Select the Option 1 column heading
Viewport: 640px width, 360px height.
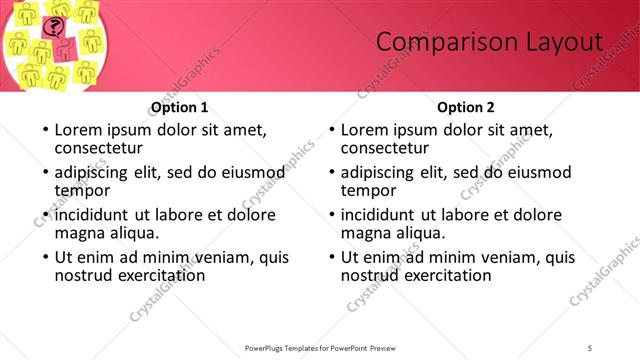tap(180, 107)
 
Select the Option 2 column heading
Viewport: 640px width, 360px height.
tap(466, 107)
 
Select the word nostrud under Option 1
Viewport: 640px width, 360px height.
tap(84, 275)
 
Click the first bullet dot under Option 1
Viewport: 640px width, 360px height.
tap(44, 130)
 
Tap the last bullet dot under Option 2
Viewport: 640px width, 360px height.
tap(330, 259)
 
